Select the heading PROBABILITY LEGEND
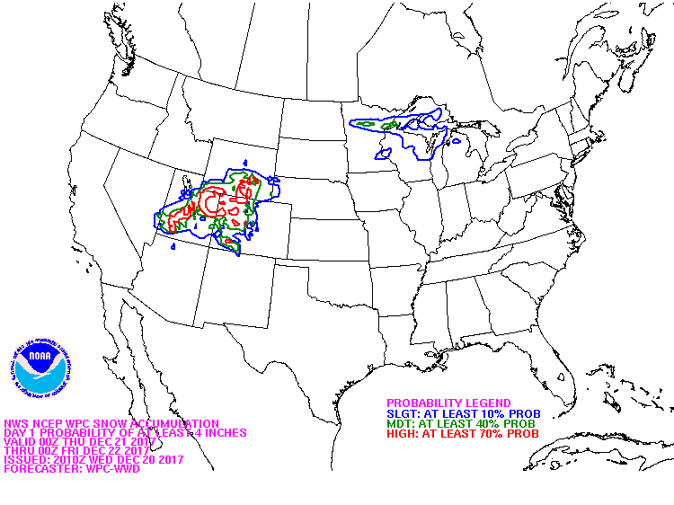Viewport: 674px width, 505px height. click(x=448, y=403)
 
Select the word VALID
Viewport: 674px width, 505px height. click(x=21, y=441)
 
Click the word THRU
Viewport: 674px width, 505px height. click(x=19, y=450)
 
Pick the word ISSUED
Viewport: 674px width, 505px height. click(x=23, y=459)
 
